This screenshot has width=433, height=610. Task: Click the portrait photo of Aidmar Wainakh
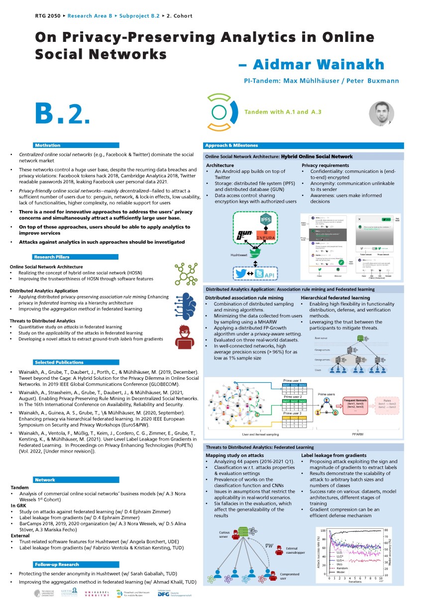(381, 114)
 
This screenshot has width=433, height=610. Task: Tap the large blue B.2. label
(62, 114)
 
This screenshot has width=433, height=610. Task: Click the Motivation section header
(48, 145)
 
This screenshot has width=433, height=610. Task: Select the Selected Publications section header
(59, 362)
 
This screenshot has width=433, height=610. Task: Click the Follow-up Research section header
(57, 565)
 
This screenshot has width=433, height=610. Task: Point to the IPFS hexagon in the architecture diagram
(265, 219)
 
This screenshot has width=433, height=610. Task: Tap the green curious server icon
(243, 532)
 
